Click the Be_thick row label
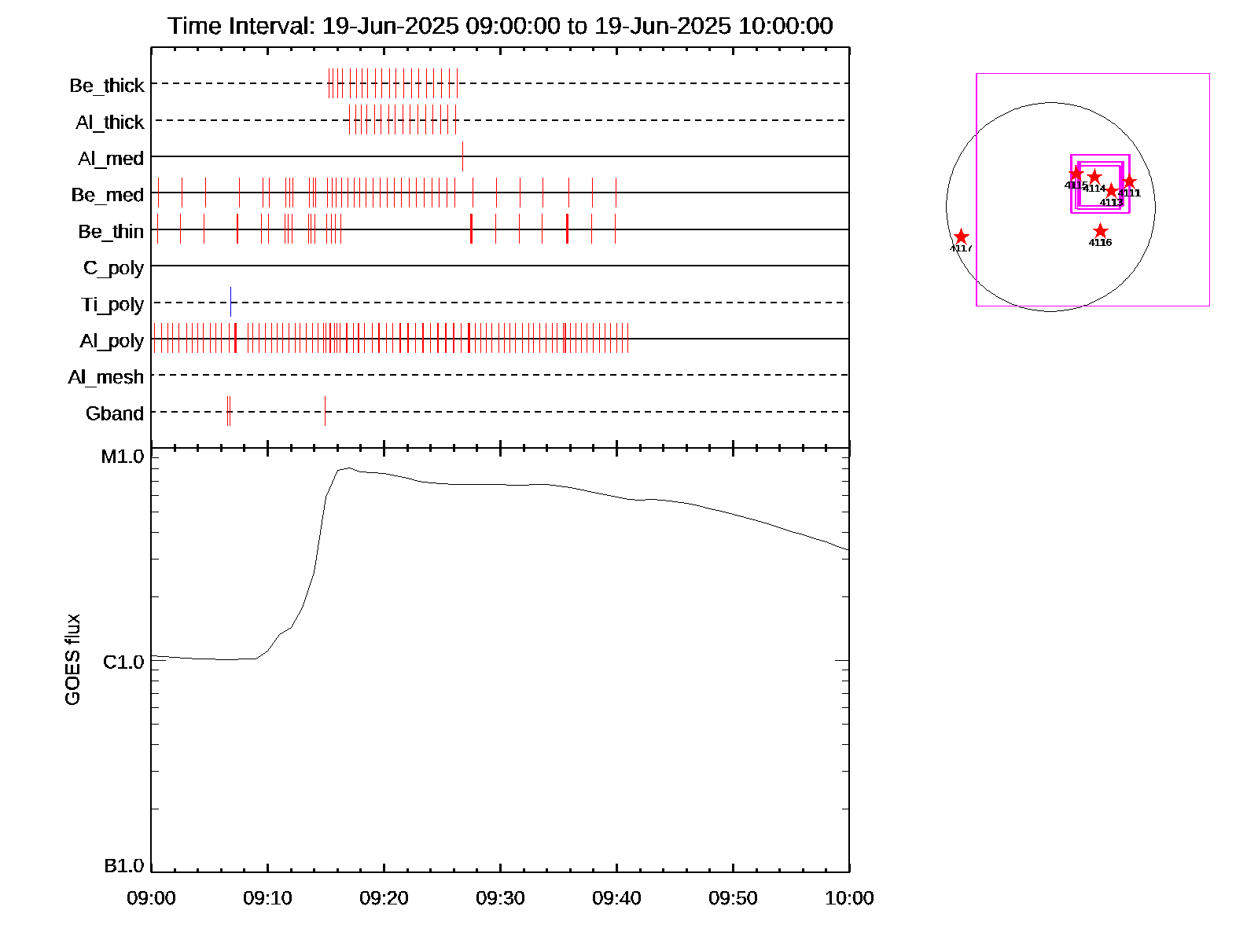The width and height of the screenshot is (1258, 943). [x=107, y=85]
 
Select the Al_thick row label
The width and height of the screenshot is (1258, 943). [x=110, y=122]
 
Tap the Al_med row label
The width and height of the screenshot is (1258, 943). [x=111, y=159]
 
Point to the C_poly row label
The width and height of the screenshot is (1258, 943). [x=114, y=268]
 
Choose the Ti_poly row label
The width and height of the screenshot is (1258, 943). [x=112, y=304]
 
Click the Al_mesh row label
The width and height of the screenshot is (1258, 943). [x=106, y=377]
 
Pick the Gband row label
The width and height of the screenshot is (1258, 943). [x=115, y=413]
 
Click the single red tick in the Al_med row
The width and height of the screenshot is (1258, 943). [x=462, y=156]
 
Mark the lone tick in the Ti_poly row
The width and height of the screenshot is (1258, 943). [x=230, y=303]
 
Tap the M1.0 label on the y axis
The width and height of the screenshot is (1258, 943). [x=123, y=457]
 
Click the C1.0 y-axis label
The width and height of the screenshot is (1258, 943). [x=123, y=662]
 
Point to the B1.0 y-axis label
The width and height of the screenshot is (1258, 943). [x=123, y=866]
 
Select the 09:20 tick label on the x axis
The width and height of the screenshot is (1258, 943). [x=384, y=898]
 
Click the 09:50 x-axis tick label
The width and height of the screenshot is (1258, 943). [x=733, y=898]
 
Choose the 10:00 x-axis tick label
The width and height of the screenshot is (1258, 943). [x=849, y=898]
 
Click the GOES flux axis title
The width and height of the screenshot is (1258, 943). [x=72, y=659]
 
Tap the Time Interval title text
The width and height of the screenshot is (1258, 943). [x=500, y=26]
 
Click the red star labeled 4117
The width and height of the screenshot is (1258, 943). [x=961, y=237]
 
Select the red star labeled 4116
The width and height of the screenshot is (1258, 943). [x=1100, y=231]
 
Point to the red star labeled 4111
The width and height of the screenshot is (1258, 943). [x=1129, y=182]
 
